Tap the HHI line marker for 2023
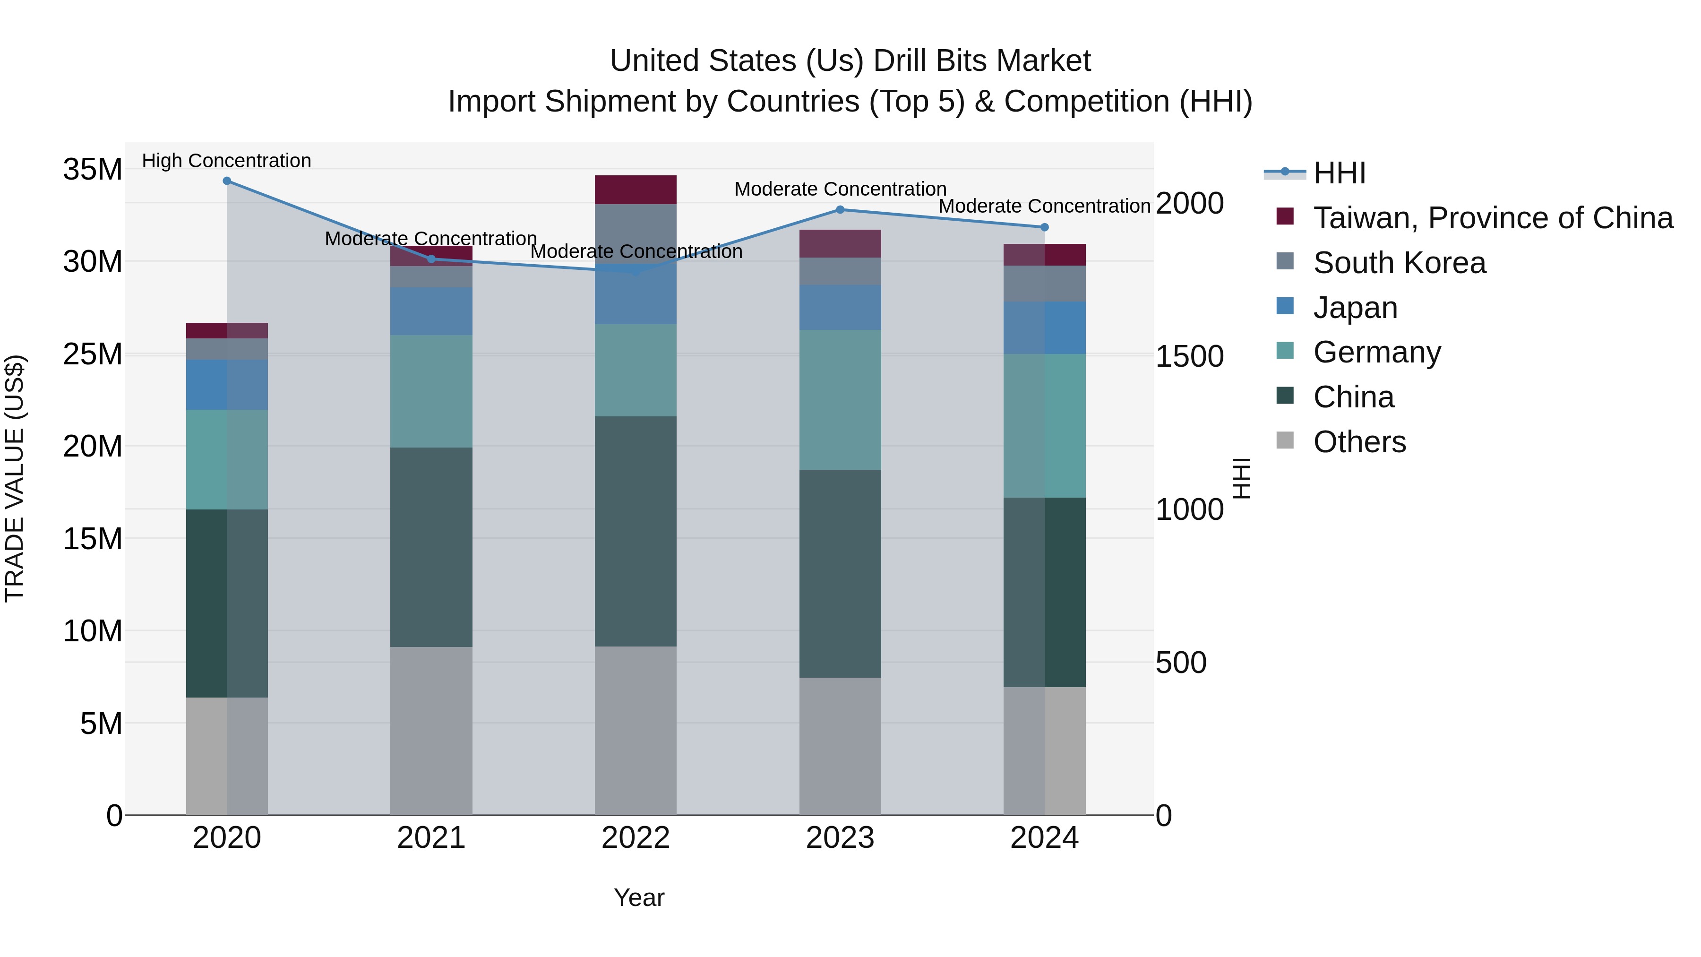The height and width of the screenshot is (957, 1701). pos(840,210)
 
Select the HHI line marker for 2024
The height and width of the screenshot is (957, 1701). pos(1044,227)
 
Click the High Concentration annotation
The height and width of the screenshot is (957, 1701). pos(226,161)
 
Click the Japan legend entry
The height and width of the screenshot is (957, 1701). pos(1355,308)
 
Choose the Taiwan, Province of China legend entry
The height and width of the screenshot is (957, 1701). pos(1492,218)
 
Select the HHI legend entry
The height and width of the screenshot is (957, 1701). pos(1339,173)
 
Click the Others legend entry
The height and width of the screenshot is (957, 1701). pos(1359,442)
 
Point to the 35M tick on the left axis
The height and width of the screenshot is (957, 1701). pos(93,170)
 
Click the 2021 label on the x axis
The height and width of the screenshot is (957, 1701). pos(431,838)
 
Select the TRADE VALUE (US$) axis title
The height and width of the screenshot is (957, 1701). pos(15,478)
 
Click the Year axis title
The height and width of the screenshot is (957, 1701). pos(638,897)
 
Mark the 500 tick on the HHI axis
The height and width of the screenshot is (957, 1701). pos(1181,663)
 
